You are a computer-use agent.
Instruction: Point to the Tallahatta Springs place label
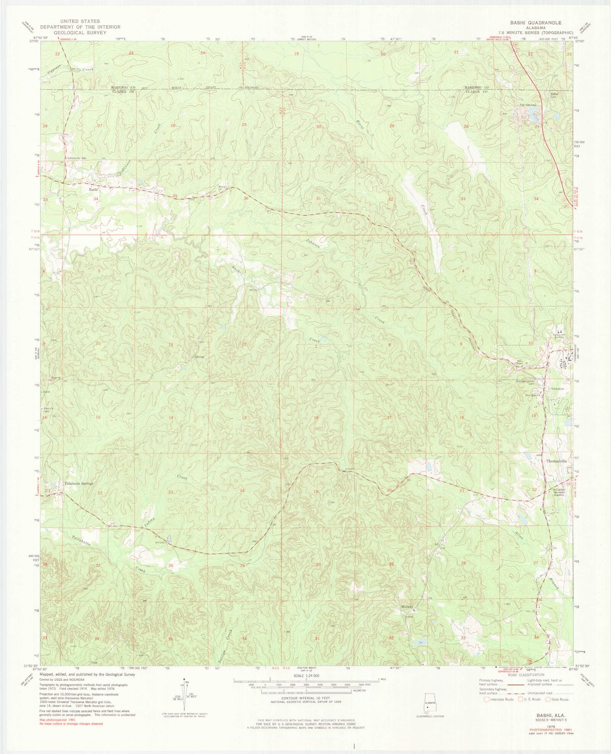(x=79, y=484)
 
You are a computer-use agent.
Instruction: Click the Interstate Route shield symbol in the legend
(x=486, y=699)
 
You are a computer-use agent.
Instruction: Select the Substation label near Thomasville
(x=556, y=389)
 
